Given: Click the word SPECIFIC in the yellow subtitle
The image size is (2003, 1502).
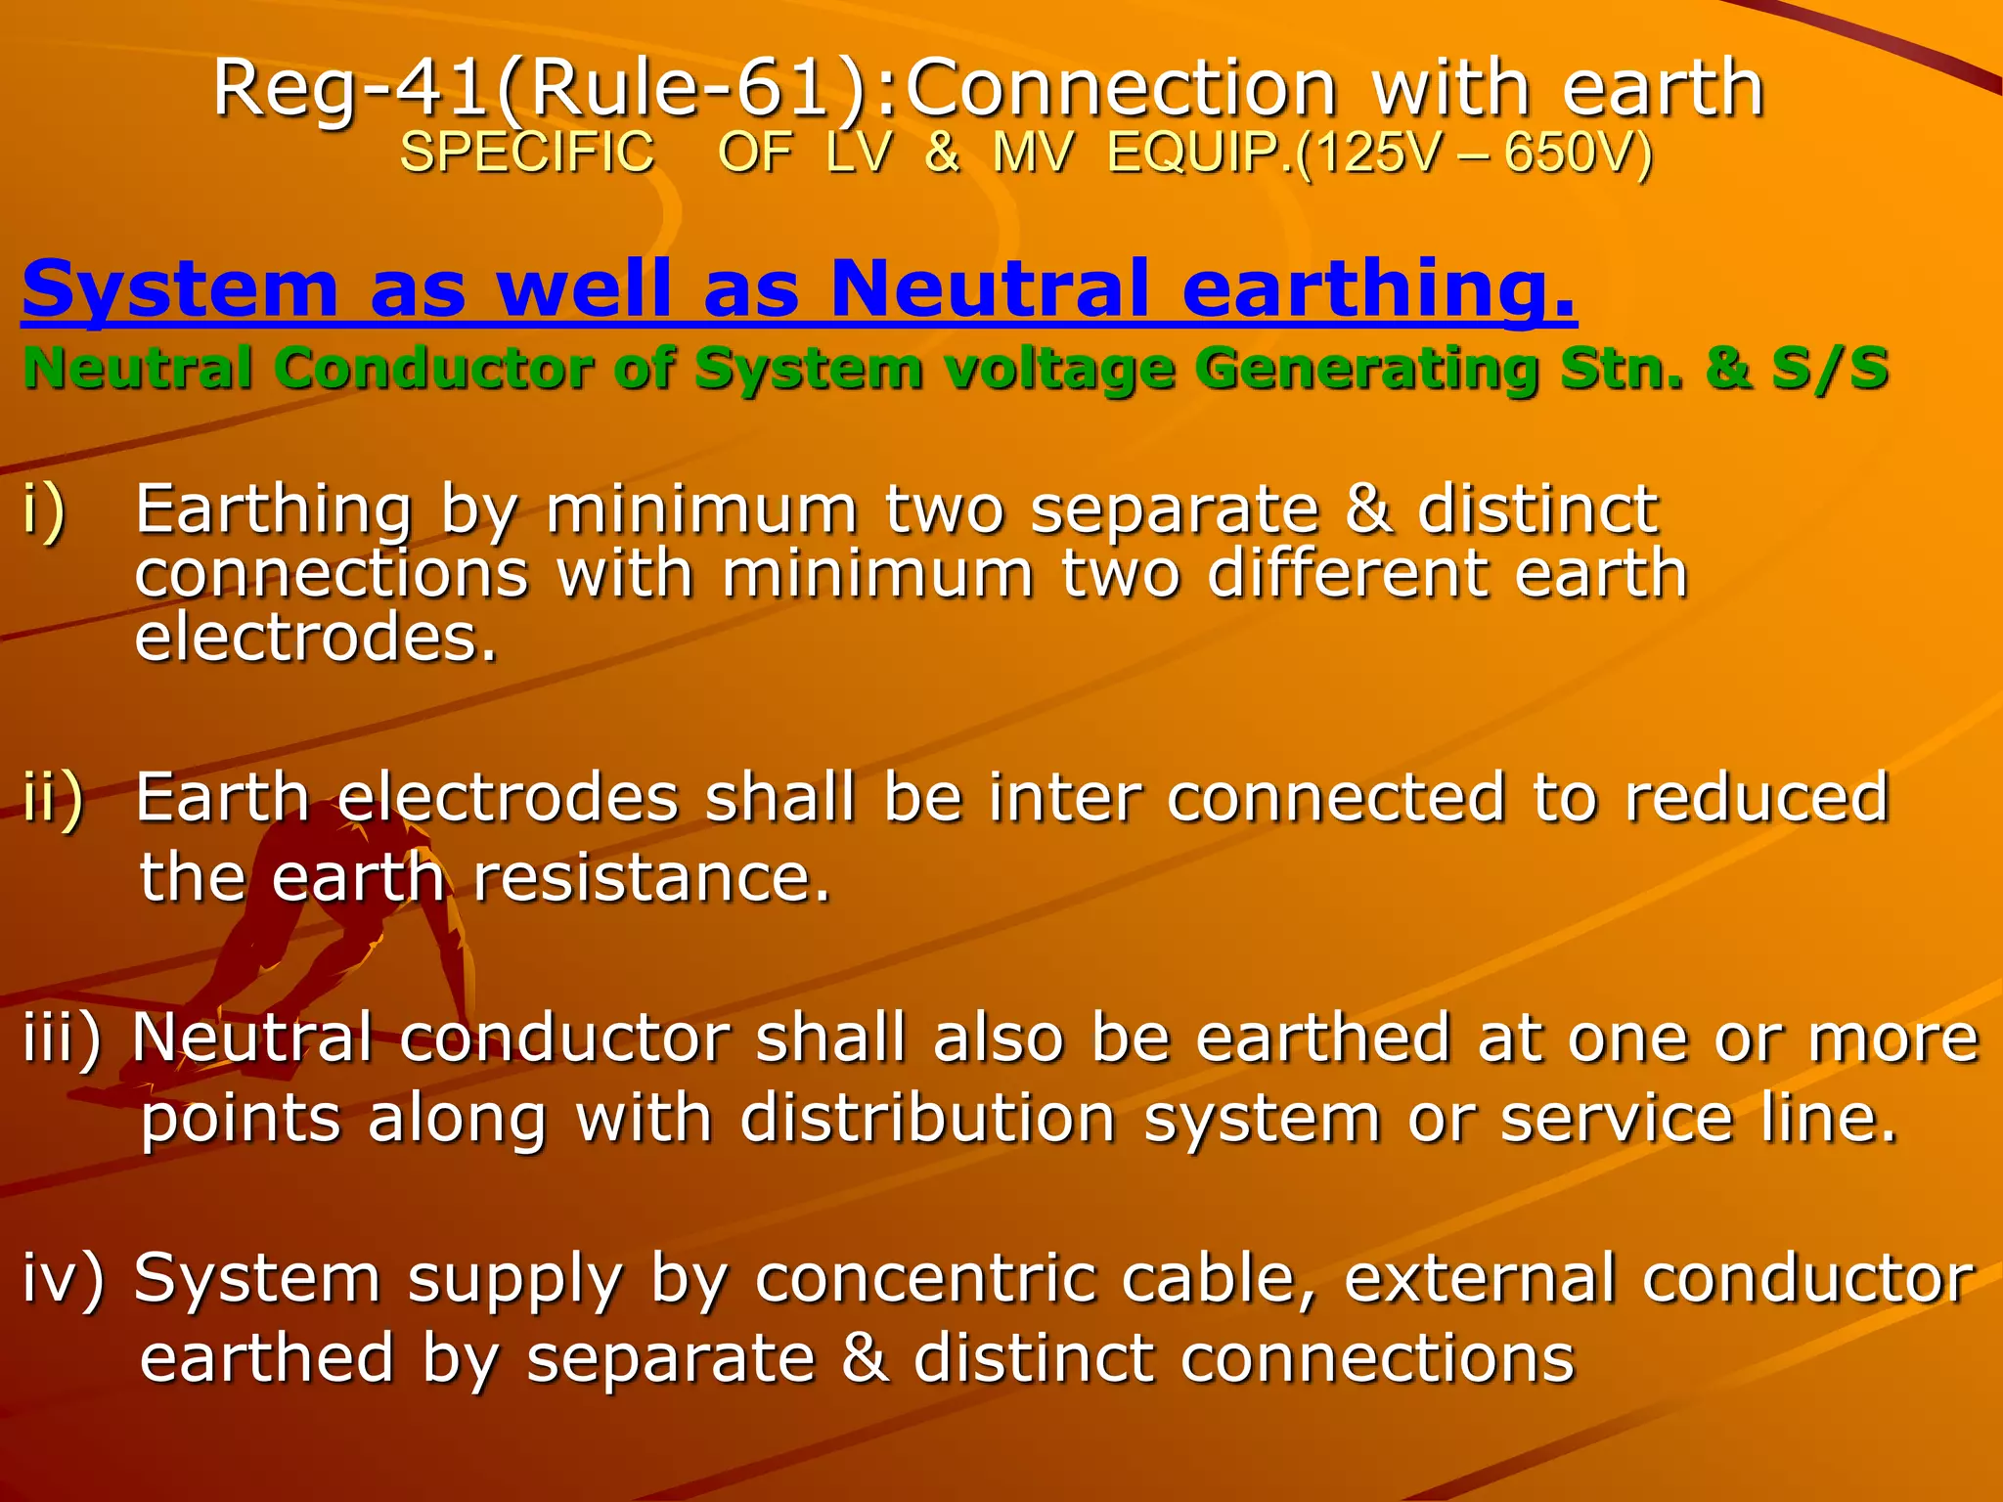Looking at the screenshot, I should pyautogui.click(x=527, y=153).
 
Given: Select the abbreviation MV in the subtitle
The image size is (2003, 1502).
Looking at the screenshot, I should pyautogui.click(x=1033, y=153).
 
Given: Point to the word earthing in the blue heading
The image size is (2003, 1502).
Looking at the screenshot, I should pyautogui.click(x=1379, y=289).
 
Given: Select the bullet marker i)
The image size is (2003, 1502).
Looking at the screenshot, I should pyautogui.click(x=44, y=509).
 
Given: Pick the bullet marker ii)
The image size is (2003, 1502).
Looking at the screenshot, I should pyautogui.click(x=54, y=798).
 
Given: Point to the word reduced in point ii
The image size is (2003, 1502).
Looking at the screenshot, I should pyautogui.click(x=1757, y=798).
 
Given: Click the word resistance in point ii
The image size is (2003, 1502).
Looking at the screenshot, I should pyautogui.click(x=651, y=877).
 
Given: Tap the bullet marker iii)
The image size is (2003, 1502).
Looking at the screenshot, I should pyautogui.click(x=63, y=1038).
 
